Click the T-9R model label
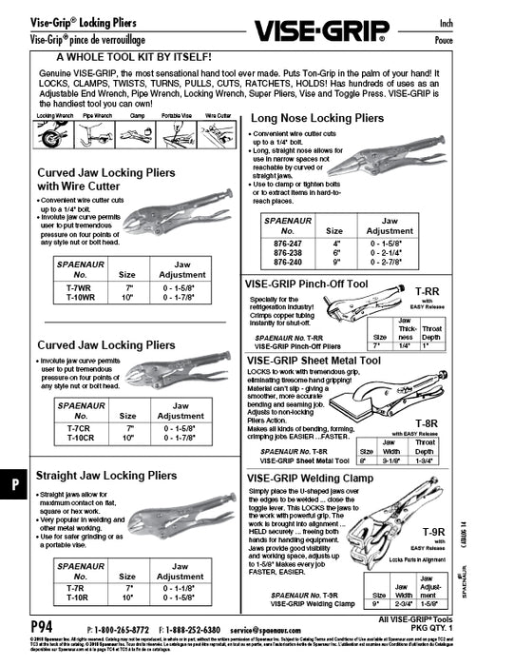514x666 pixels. click(432, 533)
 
